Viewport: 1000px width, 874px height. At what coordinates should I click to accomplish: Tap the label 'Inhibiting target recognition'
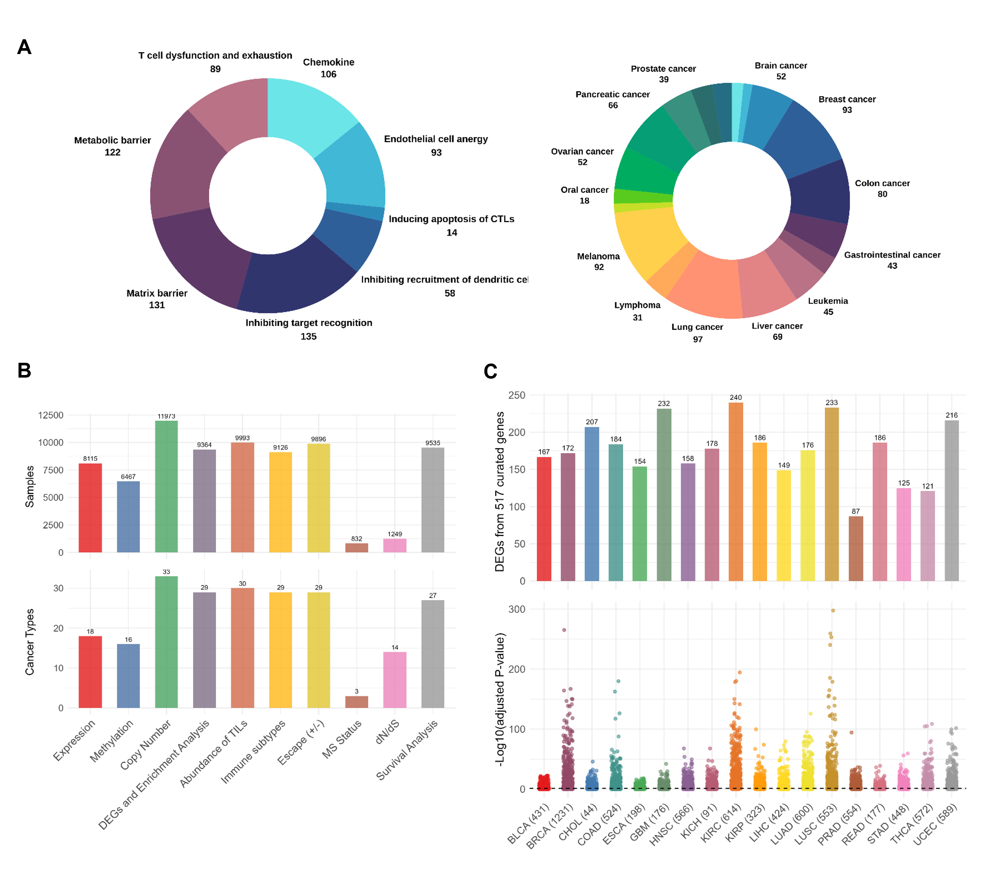point(308,323)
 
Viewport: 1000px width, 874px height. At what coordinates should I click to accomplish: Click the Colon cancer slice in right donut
point(820,192)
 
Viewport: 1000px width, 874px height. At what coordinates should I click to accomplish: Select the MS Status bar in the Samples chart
point(357,548)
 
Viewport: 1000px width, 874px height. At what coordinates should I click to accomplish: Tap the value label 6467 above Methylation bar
point(128,476)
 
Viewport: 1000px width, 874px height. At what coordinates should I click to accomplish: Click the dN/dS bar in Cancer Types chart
point(395,680)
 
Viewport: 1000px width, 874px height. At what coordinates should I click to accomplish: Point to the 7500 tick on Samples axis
point(51,470)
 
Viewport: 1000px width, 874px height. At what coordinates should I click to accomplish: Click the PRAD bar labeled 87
point(856,548)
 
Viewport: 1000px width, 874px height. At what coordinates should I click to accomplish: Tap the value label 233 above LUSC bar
point(832,403)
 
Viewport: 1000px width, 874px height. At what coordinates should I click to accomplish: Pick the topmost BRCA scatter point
point(564,630)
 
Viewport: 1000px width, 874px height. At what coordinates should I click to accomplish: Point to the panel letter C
point(490,372)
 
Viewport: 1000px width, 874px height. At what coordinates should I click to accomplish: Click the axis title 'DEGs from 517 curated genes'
point(499,492)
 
